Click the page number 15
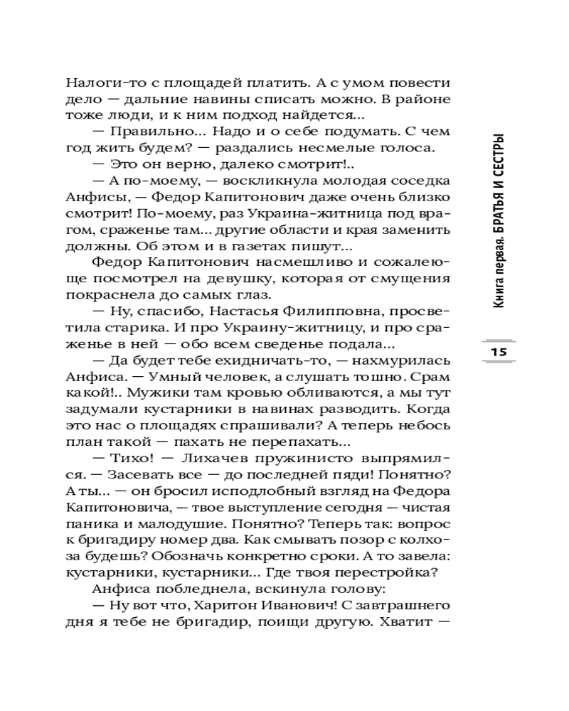coord(497,353)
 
